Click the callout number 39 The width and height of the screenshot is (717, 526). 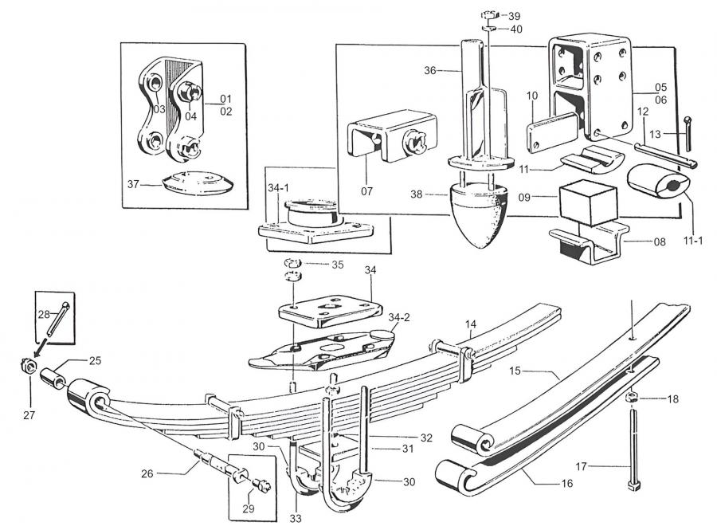pyautogui.click(x=515, y=16)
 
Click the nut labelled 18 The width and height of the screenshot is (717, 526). pyautogui.click(x=629, y=397)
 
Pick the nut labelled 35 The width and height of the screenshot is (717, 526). pyautogui.click(x=292, y=263)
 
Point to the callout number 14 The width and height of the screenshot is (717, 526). pyautogui.click(x=471, y=324)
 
